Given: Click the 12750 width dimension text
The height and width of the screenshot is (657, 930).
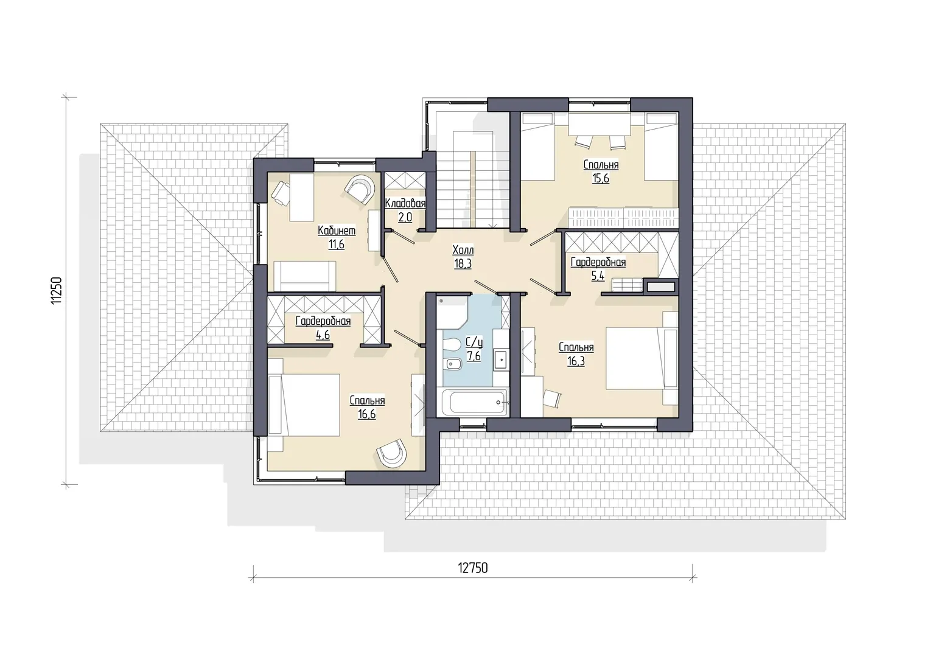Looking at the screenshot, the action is [472, 568].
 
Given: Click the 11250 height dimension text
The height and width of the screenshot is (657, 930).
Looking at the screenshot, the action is [57, 291].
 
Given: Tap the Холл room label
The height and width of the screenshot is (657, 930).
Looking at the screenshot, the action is [463, 250].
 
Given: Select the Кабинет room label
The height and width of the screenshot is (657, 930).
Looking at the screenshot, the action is [337, 231].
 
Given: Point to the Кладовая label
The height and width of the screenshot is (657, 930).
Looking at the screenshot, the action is [405, 203].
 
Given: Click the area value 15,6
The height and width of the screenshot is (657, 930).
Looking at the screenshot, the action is [601, 178].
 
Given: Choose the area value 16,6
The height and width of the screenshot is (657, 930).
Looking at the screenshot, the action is [367, 414].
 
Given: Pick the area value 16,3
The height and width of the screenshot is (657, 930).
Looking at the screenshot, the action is [576, 361].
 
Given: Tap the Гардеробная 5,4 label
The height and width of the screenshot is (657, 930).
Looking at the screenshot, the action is [598, 268].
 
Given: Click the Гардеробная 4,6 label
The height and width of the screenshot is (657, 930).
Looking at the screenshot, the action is [323, 327].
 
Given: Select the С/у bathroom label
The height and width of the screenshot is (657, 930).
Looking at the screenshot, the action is [474, 342].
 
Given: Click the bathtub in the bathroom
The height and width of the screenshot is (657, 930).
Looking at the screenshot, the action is [475, 401].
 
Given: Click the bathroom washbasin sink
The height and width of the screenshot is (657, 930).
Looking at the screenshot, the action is [500, 359].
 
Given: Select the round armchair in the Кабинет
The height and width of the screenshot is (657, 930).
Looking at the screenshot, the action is [360, 189].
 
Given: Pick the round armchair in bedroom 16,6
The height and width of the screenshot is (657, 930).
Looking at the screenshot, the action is [391, 453].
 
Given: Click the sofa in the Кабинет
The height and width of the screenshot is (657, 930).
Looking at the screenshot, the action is [304, 276].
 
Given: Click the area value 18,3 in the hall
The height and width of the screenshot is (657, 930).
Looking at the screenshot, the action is [463, 264].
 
